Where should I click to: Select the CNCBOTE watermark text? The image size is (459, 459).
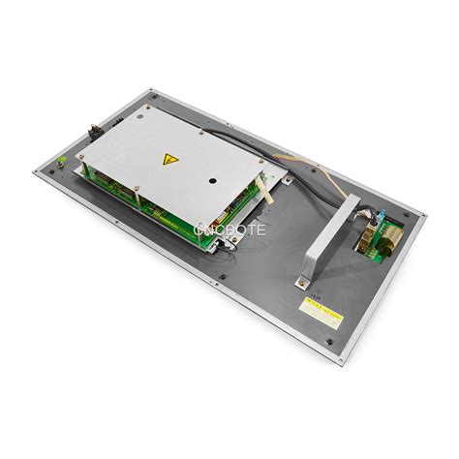pos(229,229)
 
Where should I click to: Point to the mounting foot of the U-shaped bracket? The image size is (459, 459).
pos(302,282)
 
